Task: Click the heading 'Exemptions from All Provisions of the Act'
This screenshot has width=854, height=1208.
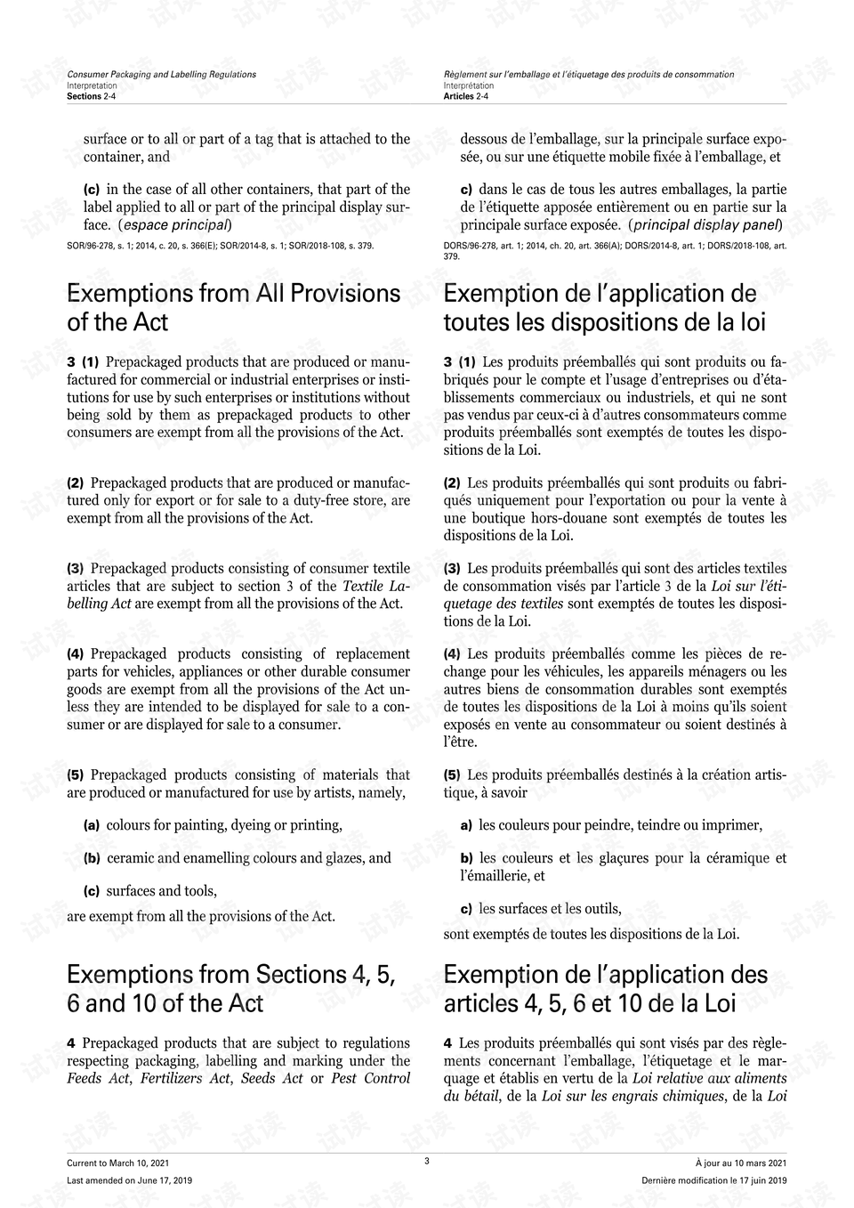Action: (233, 307)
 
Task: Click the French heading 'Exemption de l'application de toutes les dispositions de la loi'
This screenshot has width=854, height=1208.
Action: (605, 307)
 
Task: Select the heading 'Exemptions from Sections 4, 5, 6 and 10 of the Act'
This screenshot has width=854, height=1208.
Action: (231, 988)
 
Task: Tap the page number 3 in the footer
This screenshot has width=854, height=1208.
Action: (427, 1161)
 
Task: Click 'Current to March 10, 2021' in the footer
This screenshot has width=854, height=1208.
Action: (117, 1163)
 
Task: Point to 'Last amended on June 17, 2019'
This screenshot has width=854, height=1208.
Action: (129, 1180)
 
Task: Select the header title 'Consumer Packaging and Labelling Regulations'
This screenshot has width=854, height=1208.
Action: (161, 75)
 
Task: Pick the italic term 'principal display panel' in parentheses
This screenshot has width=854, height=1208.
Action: (707, 225)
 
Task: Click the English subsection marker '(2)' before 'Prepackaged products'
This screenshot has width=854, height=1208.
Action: (75, 483)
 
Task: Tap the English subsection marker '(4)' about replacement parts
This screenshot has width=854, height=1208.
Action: (75, 654)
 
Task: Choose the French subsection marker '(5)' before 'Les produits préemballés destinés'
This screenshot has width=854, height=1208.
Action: (452, 775)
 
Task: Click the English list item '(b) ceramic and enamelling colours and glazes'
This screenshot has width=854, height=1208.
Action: (238, 858)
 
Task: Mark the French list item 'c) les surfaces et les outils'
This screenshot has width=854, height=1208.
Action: (541, 909)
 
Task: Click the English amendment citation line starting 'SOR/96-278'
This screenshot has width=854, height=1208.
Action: (221, 245)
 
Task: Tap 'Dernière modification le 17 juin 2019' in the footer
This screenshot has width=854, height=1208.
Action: (713, 1180)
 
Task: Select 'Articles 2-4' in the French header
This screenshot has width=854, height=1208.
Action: (466, 96)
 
